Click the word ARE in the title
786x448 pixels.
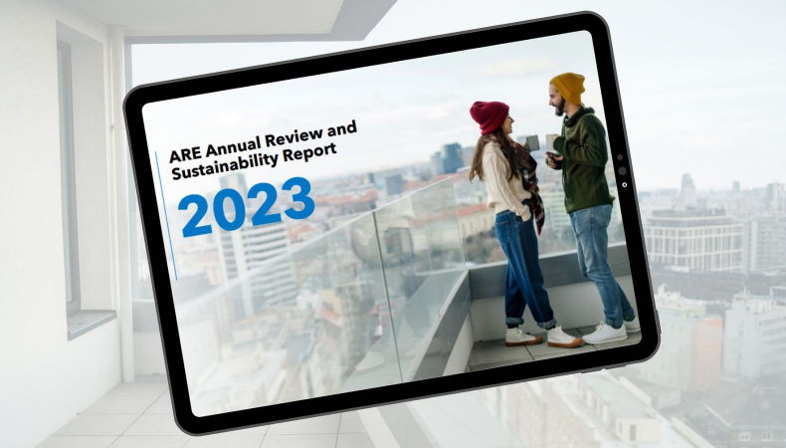tap(184, 154)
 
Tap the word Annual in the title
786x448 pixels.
tap(232, 146)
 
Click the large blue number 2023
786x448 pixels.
tap(247, 207)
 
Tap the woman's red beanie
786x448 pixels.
tap(489, 116)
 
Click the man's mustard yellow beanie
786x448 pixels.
tap(568, 87)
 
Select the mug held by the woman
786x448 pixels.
tap(532, 143)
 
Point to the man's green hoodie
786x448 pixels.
tap(584, 159)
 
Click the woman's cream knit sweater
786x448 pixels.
tap(501, 178)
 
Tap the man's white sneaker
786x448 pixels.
tap(605, 333)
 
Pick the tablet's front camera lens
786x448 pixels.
tap(622, 170)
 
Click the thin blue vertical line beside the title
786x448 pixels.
tap(166, 216)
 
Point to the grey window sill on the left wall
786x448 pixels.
tap(92, 323)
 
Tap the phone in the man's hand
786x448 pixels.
tap(552, 157)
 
